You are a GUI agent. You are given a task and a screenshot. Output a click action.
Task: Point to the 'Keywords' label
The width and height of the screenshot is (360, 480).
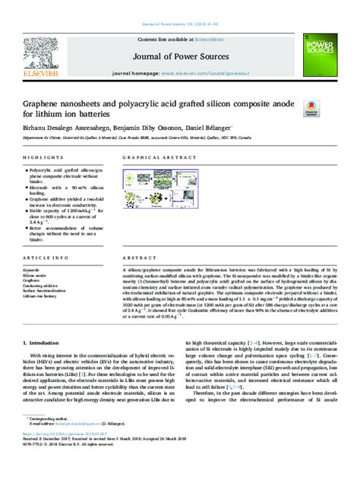pyautogui.click(x=31, y=270)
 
